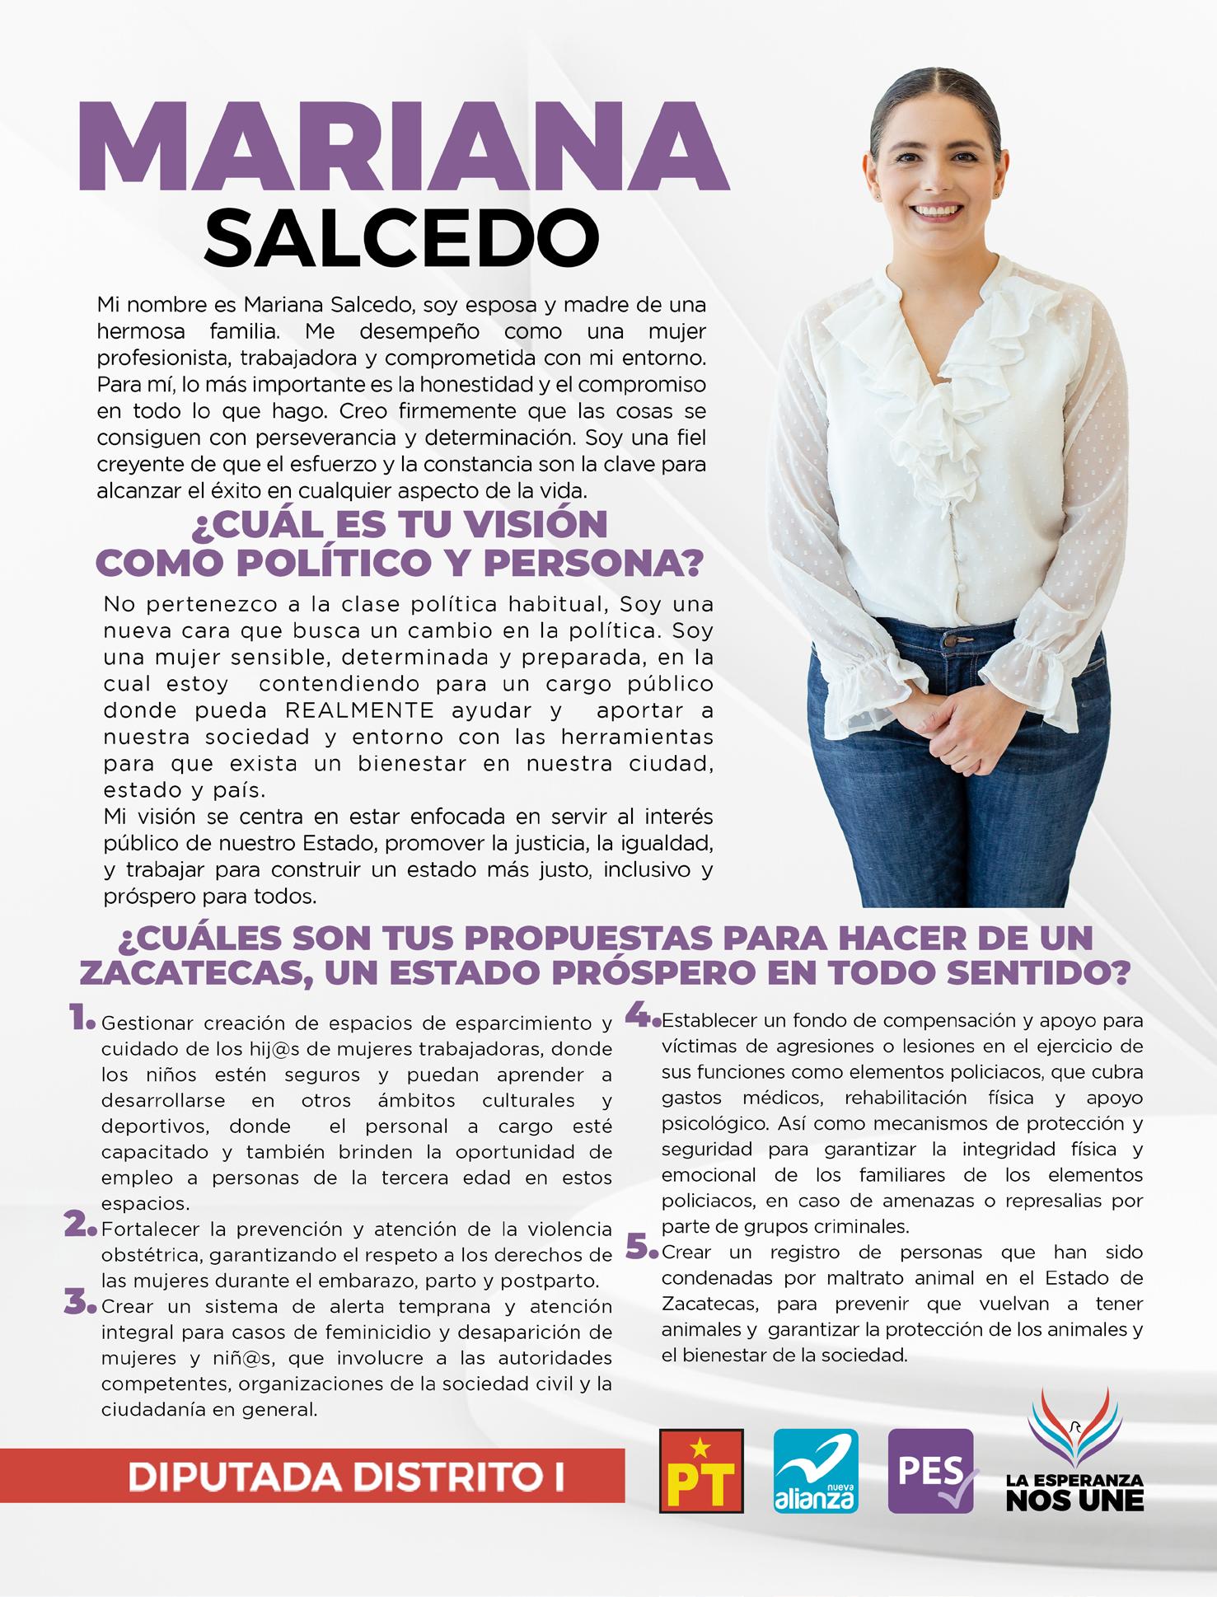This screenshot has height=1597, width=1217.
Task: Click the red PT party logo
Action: pos(701,1471)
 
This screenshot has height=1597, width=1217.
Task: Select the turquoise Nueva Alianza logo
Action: pos(816,1471)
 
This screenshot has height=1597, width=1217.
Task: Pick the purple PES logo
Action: pos(931,1471)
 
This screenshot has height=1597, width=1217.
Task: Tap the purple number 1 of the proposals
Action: pos(81,1019)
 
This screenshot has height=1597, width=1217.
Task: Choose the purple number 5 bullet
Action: pos(640,1248)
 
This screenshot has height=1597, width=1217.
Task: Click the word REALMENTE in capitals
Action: pos(359,710)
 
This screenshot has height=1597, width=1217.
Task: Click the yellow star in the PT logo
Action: pos(700,1444)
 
